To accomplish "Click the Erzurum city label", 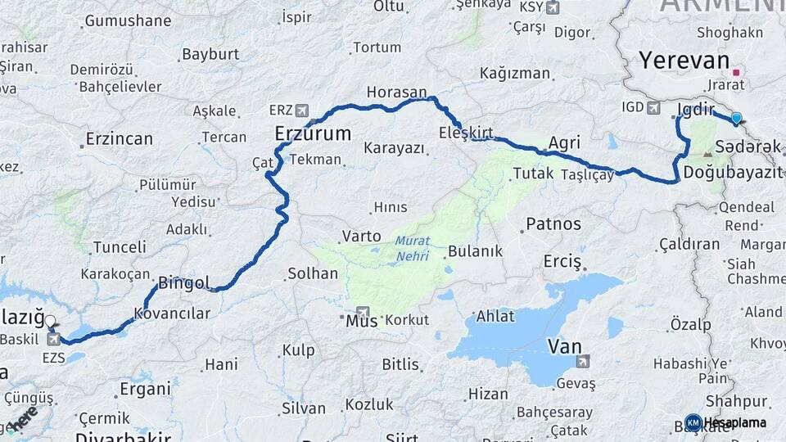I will click(313, 133).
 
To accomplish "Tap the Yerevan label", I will click(684, 60).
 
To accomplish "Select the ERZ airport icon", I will click(301, 110).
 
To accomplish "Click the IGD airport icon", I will click(653, 107).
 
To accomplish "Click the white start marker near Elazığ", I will click(51, 322).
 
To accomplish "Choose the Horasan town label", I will click(397, 92).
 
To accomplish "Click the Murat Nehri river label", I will click(412, 247).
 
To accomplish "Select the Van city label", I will click(564, 346).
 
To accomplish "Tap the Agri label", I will click(564, 143).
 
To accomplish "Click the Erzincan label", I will click(119, 138).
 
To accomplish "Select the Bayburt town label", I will click(210, 55).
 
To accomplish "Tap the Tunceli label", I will click(120, 246).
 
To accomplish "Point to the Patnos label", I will click(553, 223).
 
